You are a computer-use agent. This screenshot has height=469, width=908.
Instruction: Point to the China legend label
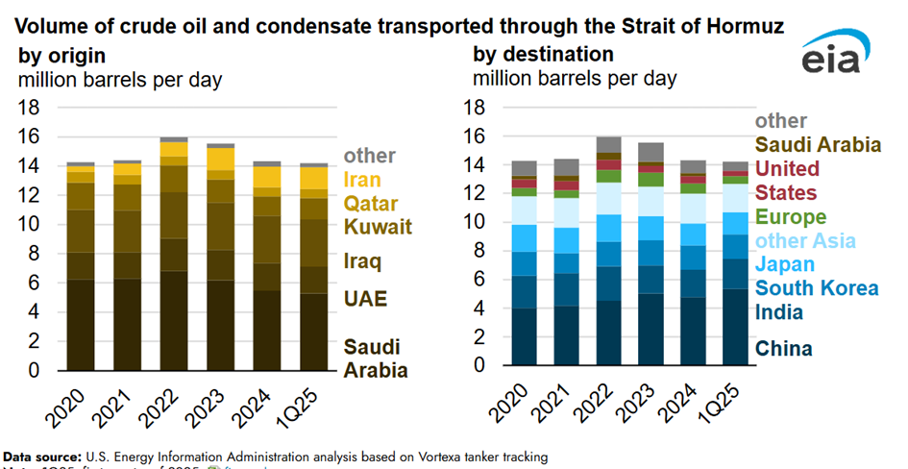point(783,349)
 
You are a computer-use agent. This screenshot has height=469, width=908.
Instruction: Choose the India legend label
point(778,312)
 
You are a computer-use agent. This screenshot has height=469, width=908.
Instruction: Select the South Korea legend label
point(817,288)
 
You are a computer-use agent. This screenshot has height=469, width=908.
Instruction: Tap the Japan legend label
point(786,264)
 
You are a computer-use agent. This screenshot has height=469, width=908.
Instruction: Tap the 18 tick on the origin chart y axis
point(31,108)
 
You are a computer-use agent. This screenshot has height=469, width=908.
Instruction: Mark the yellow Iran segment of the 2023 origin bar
point(222,159)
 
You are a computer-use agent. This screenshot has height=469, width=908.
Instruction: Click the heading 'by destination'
point(543,54)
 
